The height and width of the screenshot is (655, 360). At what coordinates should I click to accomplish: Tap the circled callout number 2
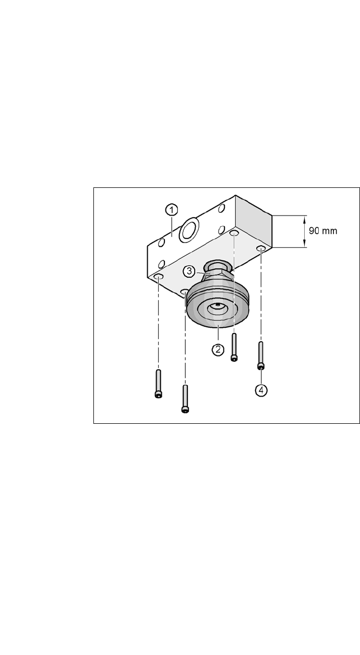click(x=218, y=349)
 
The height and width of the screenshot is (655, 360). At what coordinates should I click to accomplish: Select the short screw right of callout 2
click(x=234, y=348)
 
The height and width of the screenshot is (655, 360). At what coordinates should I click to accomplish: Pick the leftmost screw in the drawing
click(x=158, y=384)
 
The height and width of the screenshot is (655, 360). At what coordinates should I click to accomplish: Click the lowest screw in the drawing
click(x=185, y=399)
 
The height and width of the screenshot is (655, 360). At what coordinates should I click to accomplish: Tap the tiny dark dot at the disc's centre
click(x=218, y=305)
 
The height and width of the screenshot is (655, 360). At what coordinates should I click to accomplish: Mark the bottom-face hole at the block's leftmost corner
click(x=159, y=275)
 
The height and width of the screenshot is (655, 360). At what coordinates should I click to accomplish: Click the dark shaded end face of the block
click(x=253, y=223)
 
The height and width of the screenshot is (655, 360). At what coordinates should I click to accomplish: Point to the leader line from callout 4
click(x=261, y=376)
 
